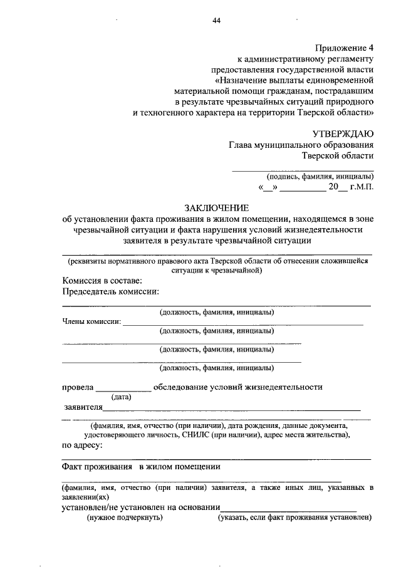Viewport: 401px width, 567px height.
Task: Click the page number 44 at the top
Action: (217, 21)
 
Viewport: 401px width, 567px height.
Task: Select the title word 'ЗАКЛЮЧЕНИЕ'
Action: (216, 208)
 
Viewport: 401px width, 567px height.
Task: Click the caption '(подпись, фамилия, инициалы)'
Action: (320, 176)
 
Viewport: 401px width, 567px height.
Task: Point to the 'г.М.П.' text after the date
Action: (362, 187)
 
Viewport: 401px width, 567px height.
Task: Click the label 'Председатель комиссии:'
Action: (110, 291)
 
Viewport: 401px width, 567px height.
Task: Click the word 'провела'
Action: (77, 387)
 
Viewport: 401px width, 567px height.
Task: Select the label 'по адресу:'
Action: (82, 445)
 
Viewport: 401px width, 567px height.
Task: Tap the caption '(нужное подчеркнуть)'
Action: (125, 518)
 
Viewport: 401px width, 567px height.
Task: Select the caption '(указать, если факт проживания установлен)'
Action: (294, 518)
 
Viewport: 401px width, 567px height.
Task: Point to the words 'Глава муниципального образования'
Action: (301, 144)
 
